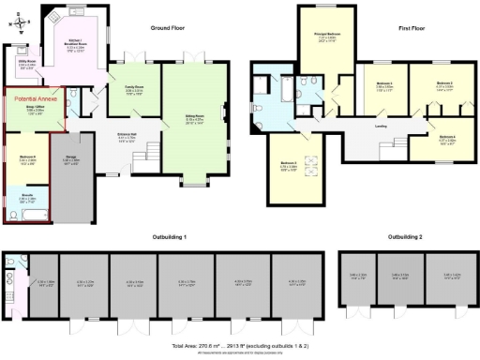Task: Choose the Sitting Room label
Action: (x=193, y=118)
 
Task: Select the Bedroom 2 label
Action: (x=445, y=83)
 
